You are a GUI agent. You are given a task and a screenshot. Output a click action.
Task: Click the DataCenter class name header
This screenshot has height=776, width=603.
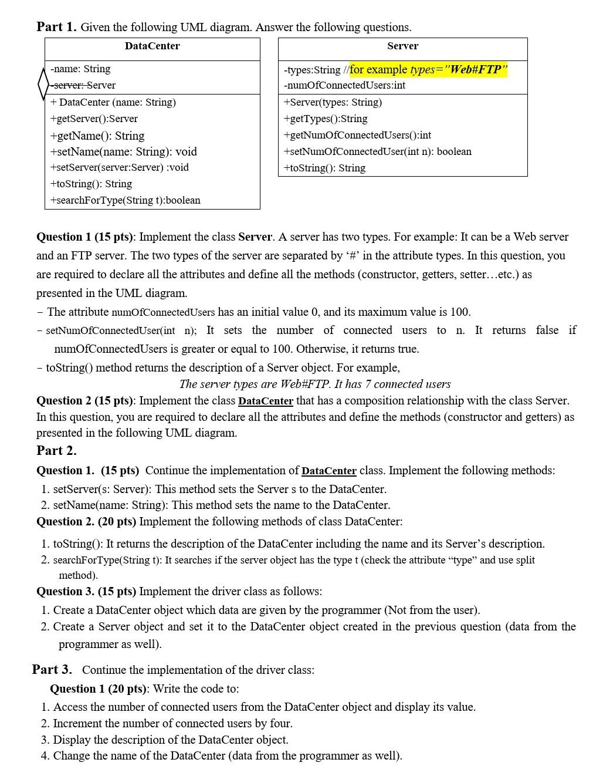click(152, 46)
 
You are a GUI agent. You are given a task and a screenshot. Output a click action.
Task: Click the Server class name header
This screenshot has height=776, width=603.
click(402, 46)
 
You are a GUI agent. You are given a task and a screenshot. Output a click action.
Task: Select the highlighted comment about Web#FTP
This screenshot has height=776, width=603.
click(428, 69)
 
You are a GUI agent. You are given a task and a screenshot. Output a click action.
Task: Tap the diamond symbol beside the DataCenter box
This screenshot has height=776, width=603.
click(42, 85)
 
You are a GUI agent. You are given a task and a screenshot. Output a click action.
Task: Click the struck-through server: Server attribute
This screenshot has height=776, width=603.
click(83, 85)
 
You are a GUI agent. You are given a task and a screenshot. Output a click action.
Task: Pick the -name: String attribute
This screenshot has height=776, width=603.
click(80, 69)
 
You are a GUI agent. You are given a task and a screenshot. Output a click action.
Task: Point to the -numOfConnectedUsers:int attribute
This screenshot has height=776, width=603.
click(344, 85)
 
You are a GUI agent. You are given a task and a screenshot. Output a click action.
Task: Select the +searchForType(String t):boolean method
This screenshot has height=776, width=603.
click(125, 200)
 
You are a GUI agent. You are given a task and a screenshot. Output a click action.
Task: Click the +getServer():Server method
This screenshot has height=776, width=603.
click(94, 119)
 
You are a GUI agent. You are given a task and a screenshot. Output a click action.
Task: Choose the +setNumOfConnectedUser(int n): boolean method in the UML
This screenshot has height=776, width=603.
click(377, 151)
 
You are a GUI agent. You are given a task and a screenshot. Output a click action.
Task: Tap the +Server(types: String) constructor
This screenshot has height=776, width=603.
click(333, 102)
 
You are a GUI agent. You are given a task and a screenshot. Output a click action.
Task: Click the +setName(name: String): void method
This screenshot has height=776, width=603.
click(123, 151)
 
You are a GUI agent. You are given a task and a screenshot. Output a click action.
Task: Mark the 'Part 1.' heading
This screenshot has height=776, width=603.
click(56, 27)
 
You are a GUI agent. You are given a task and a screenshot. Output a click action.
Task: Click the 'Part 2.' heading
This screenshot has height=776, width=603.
click(56, 450)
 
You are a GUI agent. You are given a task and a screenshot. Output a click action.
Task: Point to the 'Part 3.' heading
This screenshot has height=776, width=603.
click(52, 670)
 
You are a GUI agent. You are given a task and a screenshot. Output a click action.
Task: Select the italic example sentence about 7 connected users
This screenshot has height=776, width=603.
click(315, 384)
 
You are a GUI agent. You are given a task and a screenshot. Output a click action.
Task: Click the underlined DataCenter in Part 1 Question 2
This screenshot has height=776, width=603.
click(265, 401)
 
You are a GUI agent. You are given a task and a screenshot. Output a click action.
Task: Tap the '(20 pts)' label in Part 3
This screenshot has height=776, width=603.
click(128, 689)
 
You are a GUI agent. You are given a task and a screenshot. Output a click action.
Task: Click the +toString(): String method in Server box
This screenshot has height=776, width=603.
click(324, 168)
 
